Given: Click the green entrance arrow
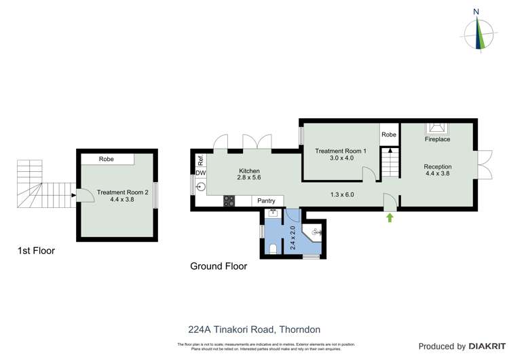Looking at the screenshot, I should [390, 218].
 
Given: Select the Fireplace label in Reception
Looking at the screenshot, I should [437, 139].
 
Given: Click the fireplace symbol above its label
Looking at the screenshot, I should [436, 128].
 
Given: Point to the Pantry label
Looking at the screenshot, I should [266, 201].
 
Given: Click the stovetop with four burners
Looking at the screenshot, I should [229, 201].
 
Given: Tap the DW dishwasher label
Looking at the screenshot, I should [200, 173].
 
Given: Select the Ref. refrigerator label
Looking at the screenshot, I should [200, 161].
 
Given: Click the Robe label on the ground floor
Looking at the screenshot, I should [388, 135].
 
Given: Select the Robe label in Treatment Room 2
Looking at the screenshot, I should [107, 159].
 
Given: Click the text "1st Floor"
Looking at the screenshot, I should [36, 251].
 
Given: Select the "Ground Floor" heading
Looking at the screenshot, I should [218, 267].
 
